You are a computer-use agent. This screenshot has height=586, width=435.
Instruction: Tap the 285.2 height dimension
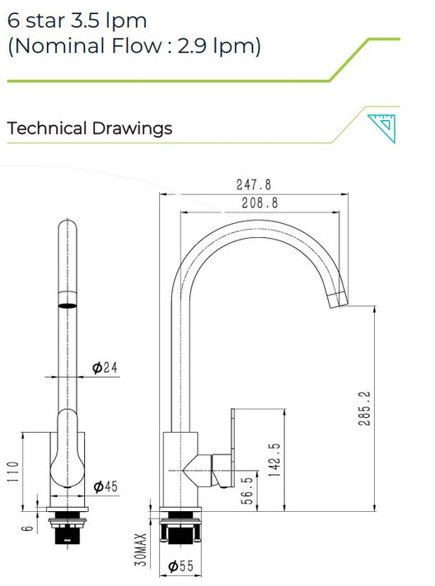[x=366, y=408]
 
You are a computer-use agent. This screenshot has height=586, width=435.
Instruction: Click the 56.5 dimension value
[x=246, y=491]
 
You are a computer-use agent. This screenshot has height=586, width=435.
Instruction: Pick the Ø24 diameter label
[x=105, y=368]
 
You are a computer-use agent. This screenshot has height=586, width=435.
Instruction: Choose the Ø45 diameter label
[x=105, y=487]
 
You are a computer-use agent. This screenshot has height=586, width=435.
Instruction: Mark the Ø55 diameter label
[x=180, y=566]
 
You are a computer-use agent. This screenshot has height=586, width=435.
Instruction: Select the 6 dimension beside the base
[x=26, y=528]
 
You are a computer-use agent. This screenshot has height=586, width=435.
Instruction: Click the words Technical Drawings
[x=90, y=128]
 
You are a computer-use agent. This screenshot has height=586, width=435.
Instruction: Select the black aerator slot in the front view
[x=67, y=304]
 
